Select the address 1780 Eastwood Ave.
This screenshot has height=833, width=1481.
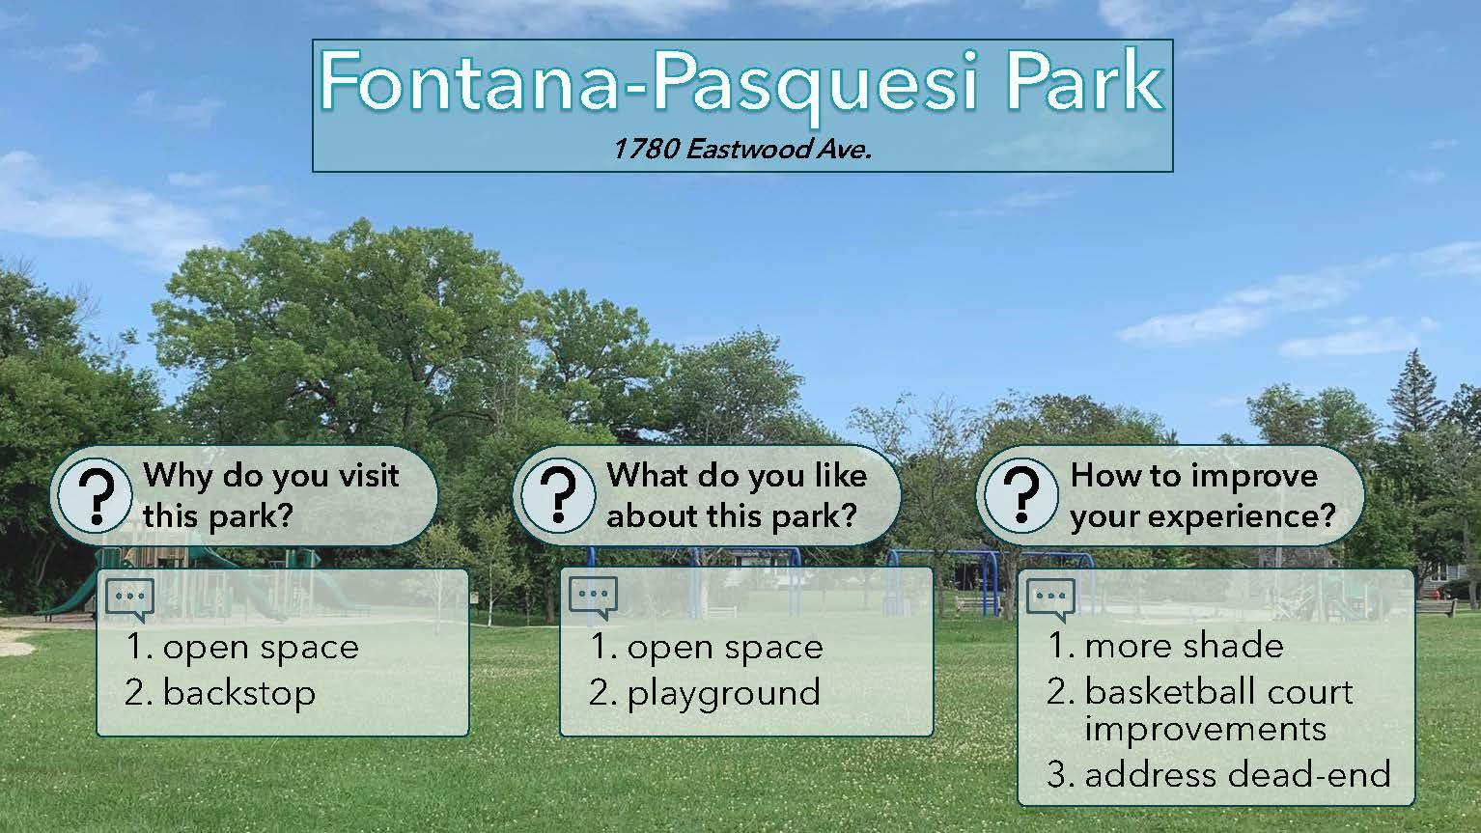[x=741, y=149]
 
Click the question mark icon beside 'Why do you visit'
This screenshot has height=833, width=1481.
[x=96, y=495]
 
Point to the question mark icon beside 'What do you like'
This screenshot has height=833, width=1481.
[x=558, y=495]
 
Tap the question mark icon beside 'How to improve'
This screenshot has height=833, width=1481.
[x=1021, y=495]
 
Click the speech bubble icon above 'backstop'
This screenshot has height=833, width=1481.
[x=130, y=599]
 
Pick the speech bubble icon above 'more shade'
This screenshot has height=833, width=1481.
[x=1050, y=599]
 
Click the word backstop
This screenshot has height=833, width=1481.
[x=238, y=693]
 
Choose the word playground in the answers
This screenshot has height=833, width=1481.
[x=723, y=694]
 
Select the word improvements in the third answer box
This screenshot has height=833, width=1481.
[x=1205, y=730]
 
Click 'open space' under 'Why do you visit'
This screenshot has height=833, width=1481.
[x=261, y=648]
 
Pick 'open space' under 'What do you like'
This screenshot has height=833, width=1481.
[x=725, y=648]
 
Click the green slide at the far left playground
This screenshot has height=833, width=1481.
[x=66, y=595]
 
